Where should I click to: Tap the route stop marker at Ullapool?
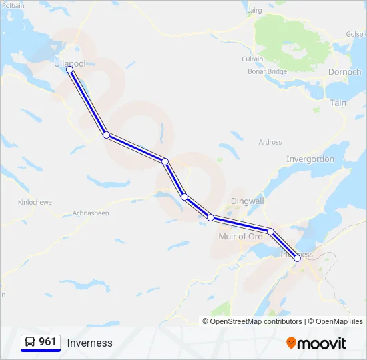coord(69,69)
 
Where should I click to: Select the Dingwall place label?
coord(247,201)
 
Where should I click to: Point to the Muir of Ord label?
coord(241,237)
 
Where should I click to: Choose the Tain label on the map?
coord(338,103)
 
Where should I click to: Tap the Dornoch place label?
coord(344,72)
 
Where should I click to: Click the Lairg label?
coord(254,11)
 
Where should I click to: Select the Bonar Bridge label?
coord(267,72)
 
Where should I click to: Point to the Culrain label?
coord(252,59)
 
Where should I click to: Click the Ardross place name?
coord(270,142)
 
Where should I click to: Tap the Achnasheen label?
coord(91,213)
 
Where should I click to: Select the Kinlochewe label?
coord(32,202)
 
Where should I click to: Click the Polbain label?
coord(13,5)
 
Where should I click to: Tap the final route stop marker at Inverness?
coord(297,258)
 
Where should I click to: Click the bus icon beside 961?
coord(30,342)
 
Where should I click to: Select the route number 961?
coord(48,342)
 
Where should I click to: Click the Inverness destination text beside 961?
coord(89,343)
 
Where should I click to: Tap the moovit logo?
coord(316,343)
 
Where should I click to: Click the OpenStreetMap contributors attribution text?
coord(256,321)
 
